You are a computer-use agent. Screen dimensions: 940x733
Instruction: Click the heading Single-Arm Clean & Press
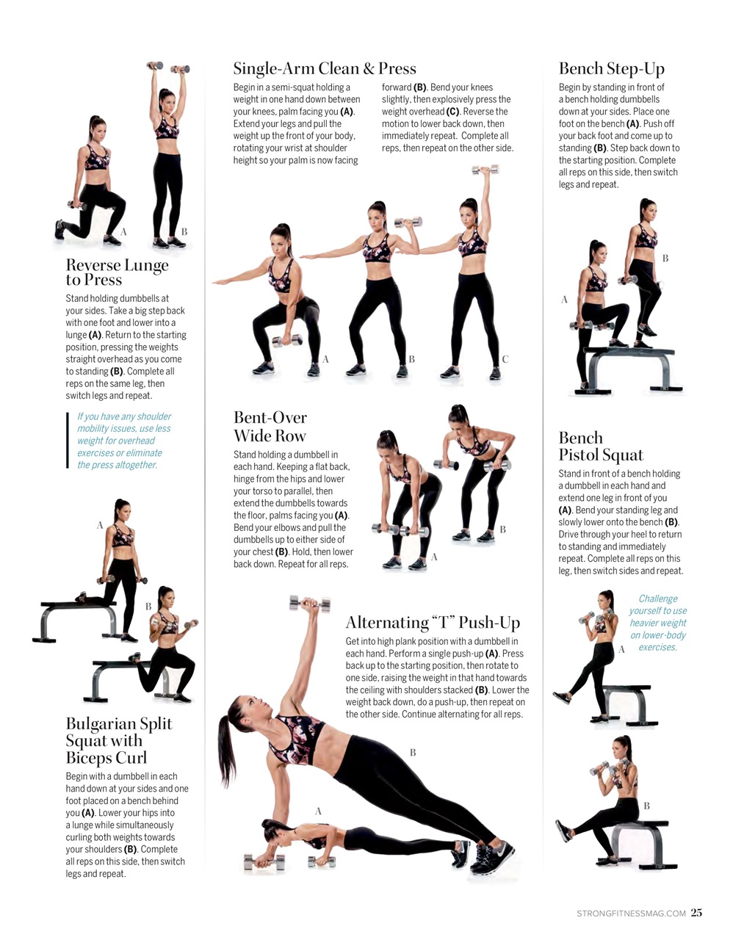click(x=324, y=69)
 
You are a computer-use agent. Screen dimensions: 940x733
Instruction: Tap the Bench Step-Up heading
click(x=611, y=69)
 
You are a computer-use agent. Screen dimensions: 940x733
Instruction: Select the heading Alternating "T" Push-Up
click(x=433, y=623)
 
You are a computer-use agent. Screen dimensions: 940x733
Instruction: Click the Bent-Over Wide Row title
click(x=270, y=427)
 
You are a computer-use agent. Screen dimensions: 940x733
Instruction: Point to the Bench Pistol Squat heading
click(x=600, y=446)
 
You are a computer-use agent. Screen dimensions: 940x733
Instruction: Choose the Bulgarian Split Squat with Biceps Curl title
click(x=118, y=740)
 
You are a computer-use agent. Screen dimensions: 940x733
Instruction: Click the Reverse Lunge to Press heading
click(x=117, y=272)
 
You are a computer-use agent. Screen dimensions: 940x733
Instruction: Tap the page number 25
click(x=696, y=913)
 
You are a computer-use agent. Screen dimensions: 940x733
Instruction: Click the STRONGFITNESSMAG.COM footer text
click(x=631, y=914)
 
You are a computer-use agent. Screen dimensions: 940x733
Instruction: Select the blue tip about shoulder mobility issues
click(x=123, y=441)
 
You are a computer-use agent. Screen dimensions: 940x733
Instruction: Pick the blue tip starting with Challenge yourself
click(x=657, y=623)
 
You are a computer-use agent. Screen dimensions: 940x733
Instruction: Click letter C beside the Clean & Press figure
click(x=505, y=359)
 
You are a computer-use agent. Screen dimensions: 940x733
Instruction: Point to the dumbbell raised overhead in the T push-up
click(x=308, y=604)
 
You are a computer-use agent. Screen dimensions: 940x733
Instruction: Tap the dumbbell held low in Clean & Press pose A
click(x=287, y=340)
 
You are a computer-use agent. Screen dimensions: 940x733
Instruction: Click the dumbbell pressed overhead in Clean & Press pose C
click(x=485, y=170)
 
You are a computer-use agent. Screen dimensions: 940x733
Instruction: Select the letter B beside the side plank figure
click(x=413, y=752)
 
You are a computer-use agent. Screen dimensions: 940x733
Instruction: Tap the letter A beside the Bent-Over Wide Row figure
click(x=434, y=557)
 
